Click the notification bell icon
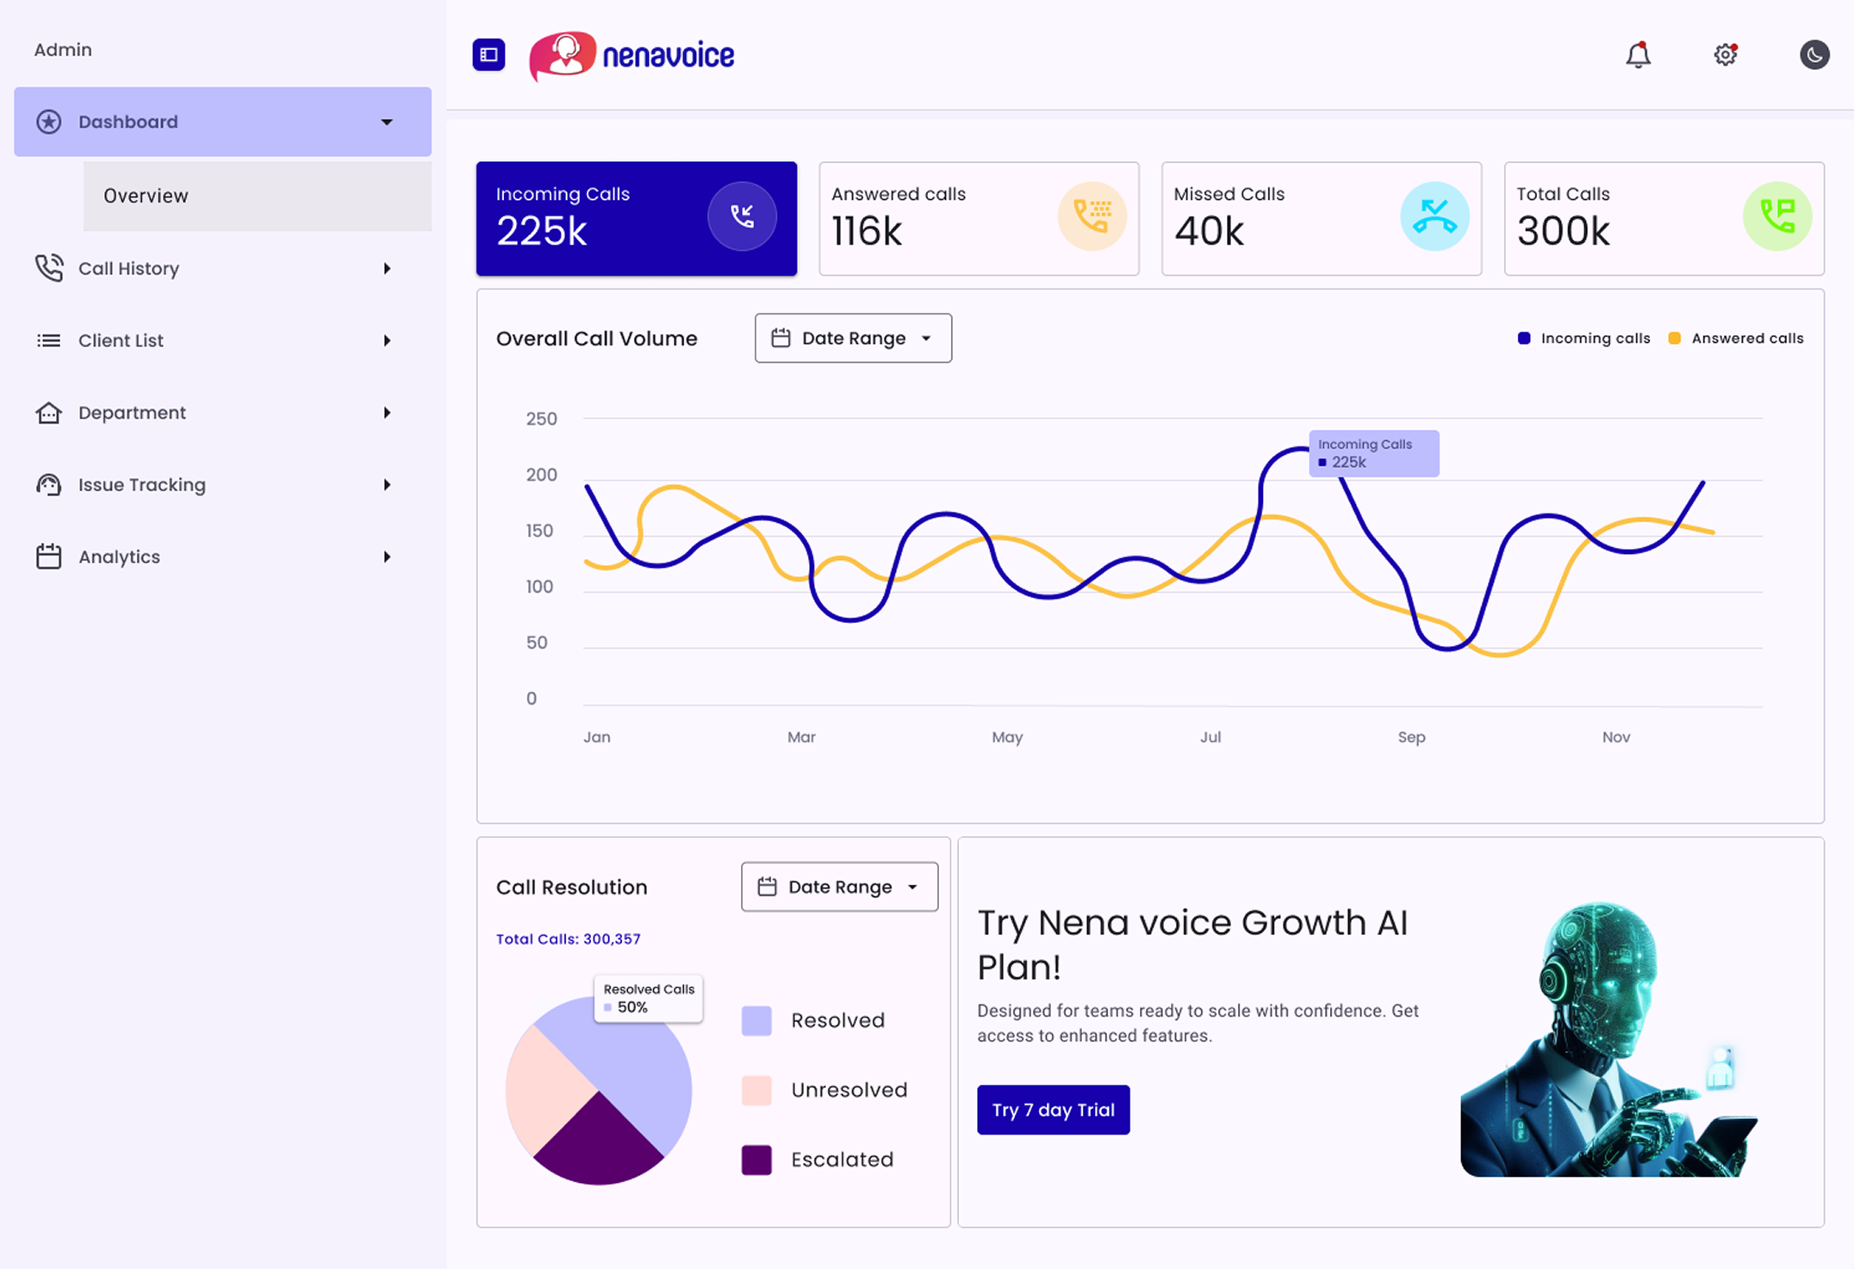tap(1638, 55)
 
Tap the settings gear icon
tap(1725, 55)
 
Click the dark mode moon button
tap(1814, 55)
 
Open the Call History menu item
tap(128, 269)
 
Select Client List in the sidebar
tap(121, 341)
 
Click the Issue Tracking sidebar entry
tap(141, 485)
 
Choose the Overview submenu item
tap(146, 196)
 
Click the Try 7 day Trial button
tap(1053, 1110)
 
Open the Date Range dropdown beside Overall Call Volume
tap(853, 339)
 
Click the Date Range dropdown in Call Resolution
tap(839, 886)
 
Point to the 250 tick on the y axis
tap(541, 419)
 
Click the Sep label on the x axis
tap(1411, 737)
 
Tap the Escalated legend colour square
tap(756, 1160)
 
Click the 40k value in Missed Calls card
tap(1209, 231)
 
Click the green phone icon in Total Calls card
tap(1776, 216)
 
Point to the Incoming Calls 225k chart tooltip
tap(1373, 453)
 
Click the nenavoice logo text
tap(668, 56)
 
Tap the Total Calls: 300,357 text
tap(568, 939)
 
